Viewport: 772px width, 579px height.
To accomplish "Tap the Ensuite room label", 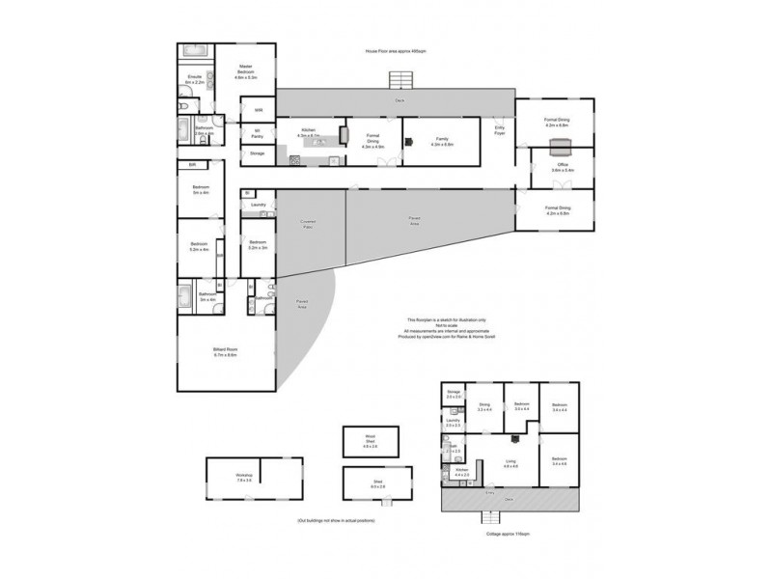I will pyautogui.click(x=194, y=80).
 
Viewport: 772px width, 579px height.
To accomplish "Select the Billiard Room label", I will pyautogui.click(x=225, y=353).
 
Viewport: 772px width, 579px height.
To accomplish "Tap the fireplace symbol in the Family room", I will pyautogui.click(x=408, y=141).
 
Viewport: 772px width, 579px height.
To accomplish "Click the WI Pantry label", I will pyautogui.click(x=258, y=134).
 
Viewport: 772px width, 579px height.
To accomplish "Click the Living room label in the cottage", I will pyautogui.click(x=510, y=464).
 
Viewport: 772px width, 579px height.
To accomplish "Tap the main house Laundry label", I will pyautogui.click(x=258, y=205).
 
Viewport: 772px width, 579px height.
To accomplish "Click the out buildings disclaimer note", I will pyautogui.click(x=335, y=520).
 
